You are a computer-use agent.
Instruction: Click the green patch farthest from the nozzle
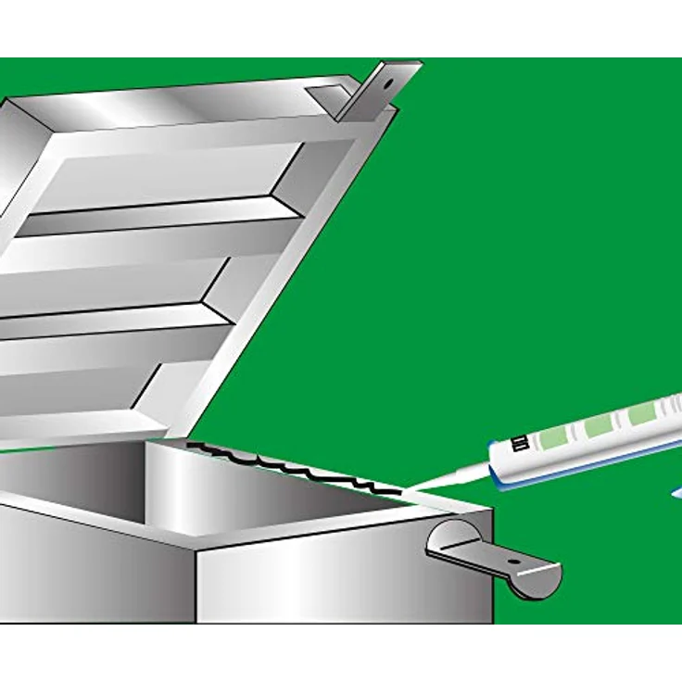[x=641, y=413]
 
